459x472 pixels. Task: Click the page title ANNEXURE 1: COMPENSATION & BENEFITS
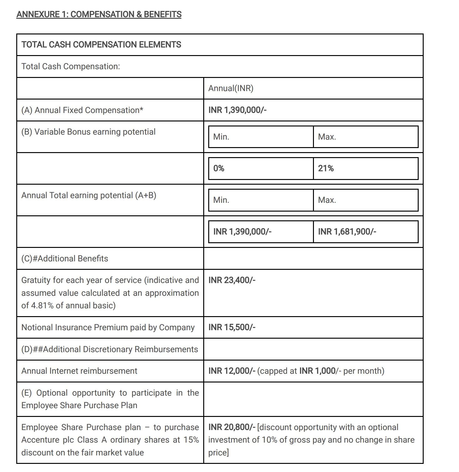click(99, 14)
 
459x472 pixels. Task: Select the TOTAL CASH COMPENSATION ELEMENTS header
click(101, 45)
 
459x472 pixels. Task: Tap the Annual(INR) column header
click(231, 88)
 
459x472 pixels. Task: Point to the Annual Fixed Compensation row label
click(82, 110)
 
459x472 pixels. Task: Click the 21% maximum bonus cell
click(326, 168)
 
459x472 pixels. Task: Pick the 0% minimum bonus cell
click(219, 168)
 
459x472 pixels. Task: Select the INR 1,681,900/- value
click(347, 232)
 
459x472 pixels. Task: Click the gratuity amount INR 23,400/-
click(232, 280)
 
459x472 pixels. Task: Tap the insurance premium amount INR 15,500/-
click(232, 327)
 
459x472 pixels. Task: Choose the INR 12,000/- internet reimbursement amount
click(232, 371)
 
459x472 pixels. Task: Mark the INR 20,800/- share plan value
click(232, 427)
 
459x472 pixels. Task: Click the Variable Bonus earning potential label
click(88, 132)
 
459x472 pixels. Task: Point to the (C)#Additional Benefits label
click(65, 259)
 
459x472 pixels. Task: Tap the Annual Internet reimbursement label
click(79, 371)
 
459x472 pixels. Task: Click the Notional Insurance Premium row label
click(108, 327)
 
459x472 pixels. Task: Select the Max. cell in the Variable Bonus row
click(327, 137)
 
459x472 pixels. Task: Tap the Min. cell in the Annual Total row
click(221, 200)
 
